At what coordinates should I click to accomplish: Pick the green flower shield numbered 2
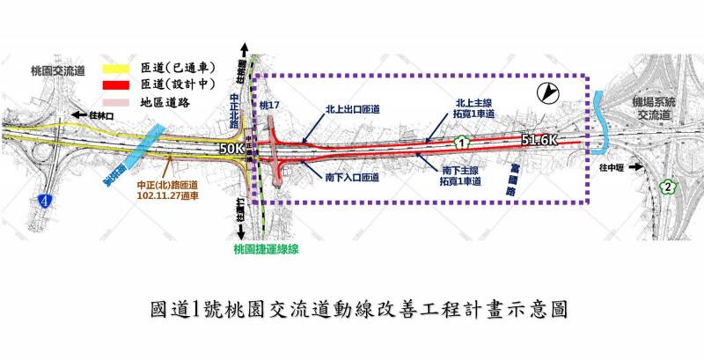(669, 187)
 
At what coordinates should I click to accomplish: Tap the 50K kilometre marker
(231, 150)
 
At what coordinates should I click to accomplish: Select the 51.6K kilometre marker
(539, 140)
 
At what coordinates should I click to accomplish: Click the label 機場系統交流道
(657, 109)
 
